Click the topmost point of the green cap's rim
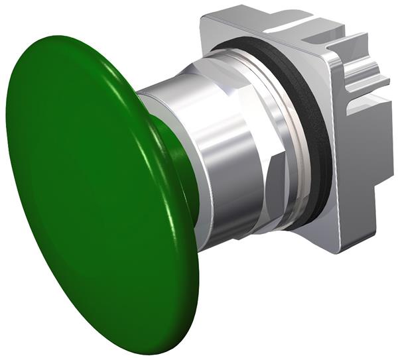tap(66, 36)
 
